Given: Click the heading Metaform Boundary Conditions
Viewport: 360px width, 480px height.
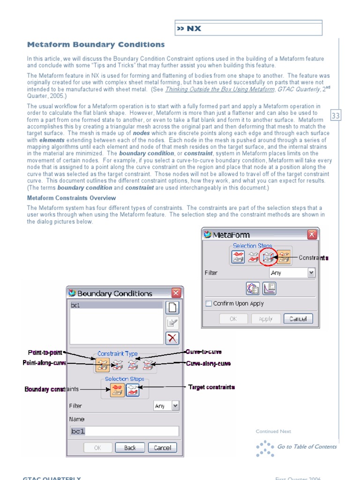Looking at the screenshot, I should [96, 45].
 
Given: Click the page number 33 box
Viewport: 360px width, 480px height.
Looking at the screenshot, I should [336, 116].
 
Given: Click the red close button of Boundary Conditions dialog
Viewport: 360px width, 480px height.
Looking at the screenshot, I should [176, 293].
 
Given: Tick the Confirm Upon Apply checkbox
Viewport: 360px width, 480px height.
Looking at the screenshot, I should [209, 304].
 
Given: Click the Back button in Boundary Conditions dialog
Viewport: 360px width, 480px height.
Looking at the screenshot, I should [130, 448].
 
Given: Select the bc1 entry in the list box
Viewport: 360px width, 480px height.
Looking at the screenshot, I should [115, 305].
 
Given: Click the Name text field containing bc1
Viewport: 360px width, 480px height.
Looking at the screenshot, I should [124, 431].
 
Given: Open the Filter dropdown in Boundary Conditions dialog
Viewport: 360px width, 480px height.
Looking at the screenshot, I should [175, 406].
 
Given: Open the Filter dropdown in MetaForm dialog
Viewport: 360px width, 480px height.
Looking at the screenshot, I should [311, 273].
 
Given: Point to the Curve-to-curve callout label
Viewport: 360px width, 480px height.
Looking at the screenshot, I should [204, 352].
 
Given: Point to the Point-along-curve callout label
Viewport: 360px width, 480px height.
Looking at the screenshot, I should [45, 363].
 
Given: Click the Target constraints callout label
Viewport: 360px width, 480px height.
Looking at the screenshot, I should [211, 387].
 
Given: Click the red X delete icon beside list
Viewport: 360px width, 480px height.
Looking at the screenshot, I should [172, 338].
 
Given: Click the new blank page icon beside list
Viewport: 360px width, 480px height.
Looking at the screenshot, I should [172, 307].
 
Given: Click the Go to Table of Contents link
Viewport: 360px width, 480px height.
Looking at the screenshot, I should [307, 447].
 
